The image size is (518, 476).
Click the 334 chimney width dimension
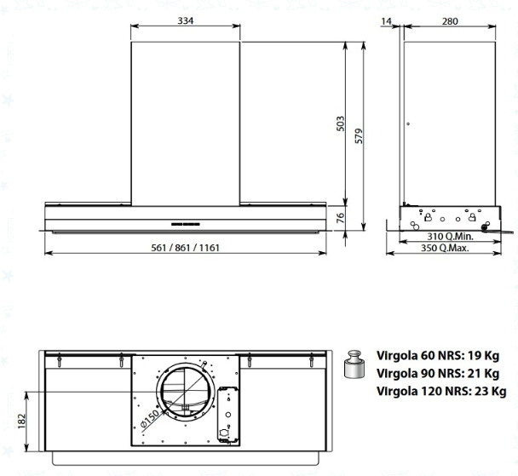pos(186,20)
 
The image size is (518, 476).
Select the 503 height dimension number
pos(340,123)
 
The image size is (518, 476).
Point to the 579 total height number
pos(359,135)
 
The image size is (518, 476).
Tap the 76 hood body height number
pos(340,218)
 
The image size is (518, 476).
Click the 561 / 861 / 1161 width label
pos(186,248)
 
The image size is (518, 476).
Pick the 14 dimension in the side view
pos(386,21)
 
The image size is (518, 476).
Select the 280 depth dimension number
pos(450,21)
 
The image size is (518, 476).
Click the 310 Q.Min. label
pos(450,237)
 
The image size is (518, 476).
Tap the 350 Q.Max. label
pos(445,248)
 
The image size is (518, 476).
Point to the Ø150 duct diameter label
pos(150,419)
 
